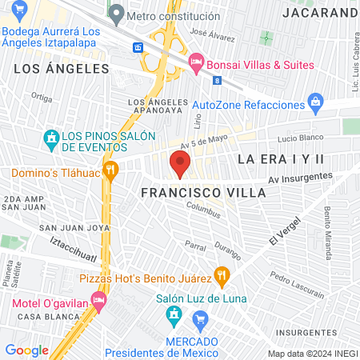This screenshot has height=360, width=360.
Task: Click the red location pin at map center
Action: click(x=180, y=166)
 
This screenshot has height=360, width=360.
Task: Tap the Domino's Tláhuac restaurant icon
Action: click(x=111, y=169)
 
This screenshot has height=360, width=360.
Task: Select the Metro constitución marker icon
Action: click(x=116, y=14)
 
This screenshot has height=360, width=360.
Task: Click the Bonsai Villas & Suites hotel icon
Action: click(x=195, y=62)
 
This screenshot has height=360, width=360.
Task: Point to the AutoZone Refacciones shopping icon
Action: click(x=316, y=104)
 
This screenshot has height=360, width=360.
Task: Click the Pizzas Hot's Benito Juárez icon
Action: click(x=222, y=278)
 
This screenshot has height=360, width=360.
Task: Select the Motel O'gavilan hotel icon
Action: click(x=99, y=302)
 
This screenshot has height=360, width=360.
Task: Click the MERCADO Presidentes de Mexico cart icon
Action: click(x=202, y=322)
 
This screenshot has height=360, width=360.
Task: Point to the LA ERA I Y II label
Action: click(x=281, y=159)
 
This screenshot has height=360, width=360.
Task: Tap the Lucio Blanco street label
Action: click(x=300, y=138)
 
